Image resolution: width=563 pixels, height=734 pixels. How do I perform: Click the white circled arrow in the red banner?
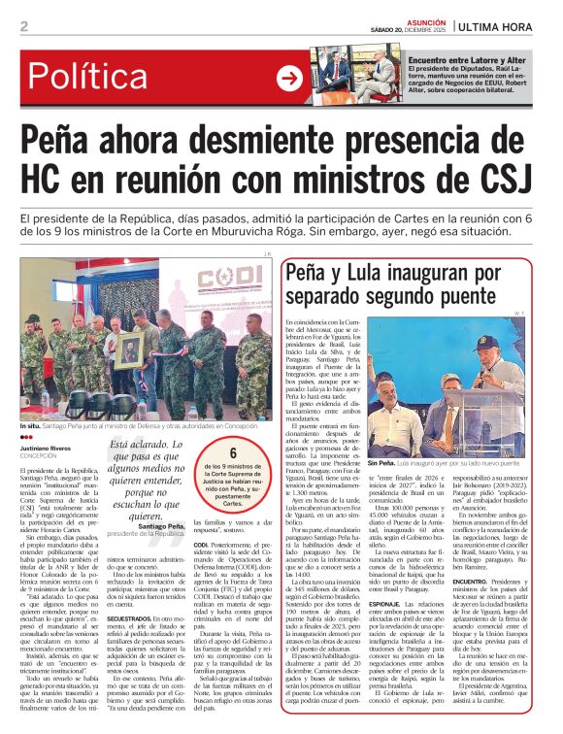pyautogui.click(x=289, y=78)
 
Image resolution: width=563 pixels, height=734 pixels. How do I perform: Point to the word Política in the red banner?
pyautogui.click(x=97, y=78)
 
